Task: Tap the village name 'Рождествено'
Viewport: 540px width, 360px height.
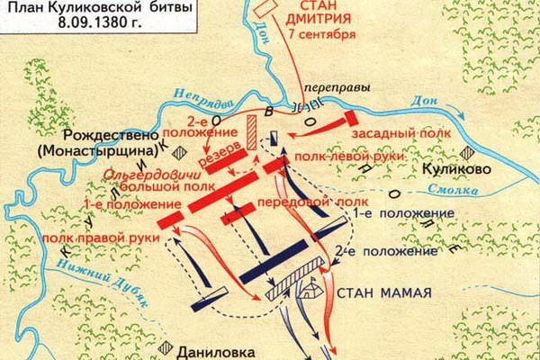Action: click(x=68, y=132)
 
